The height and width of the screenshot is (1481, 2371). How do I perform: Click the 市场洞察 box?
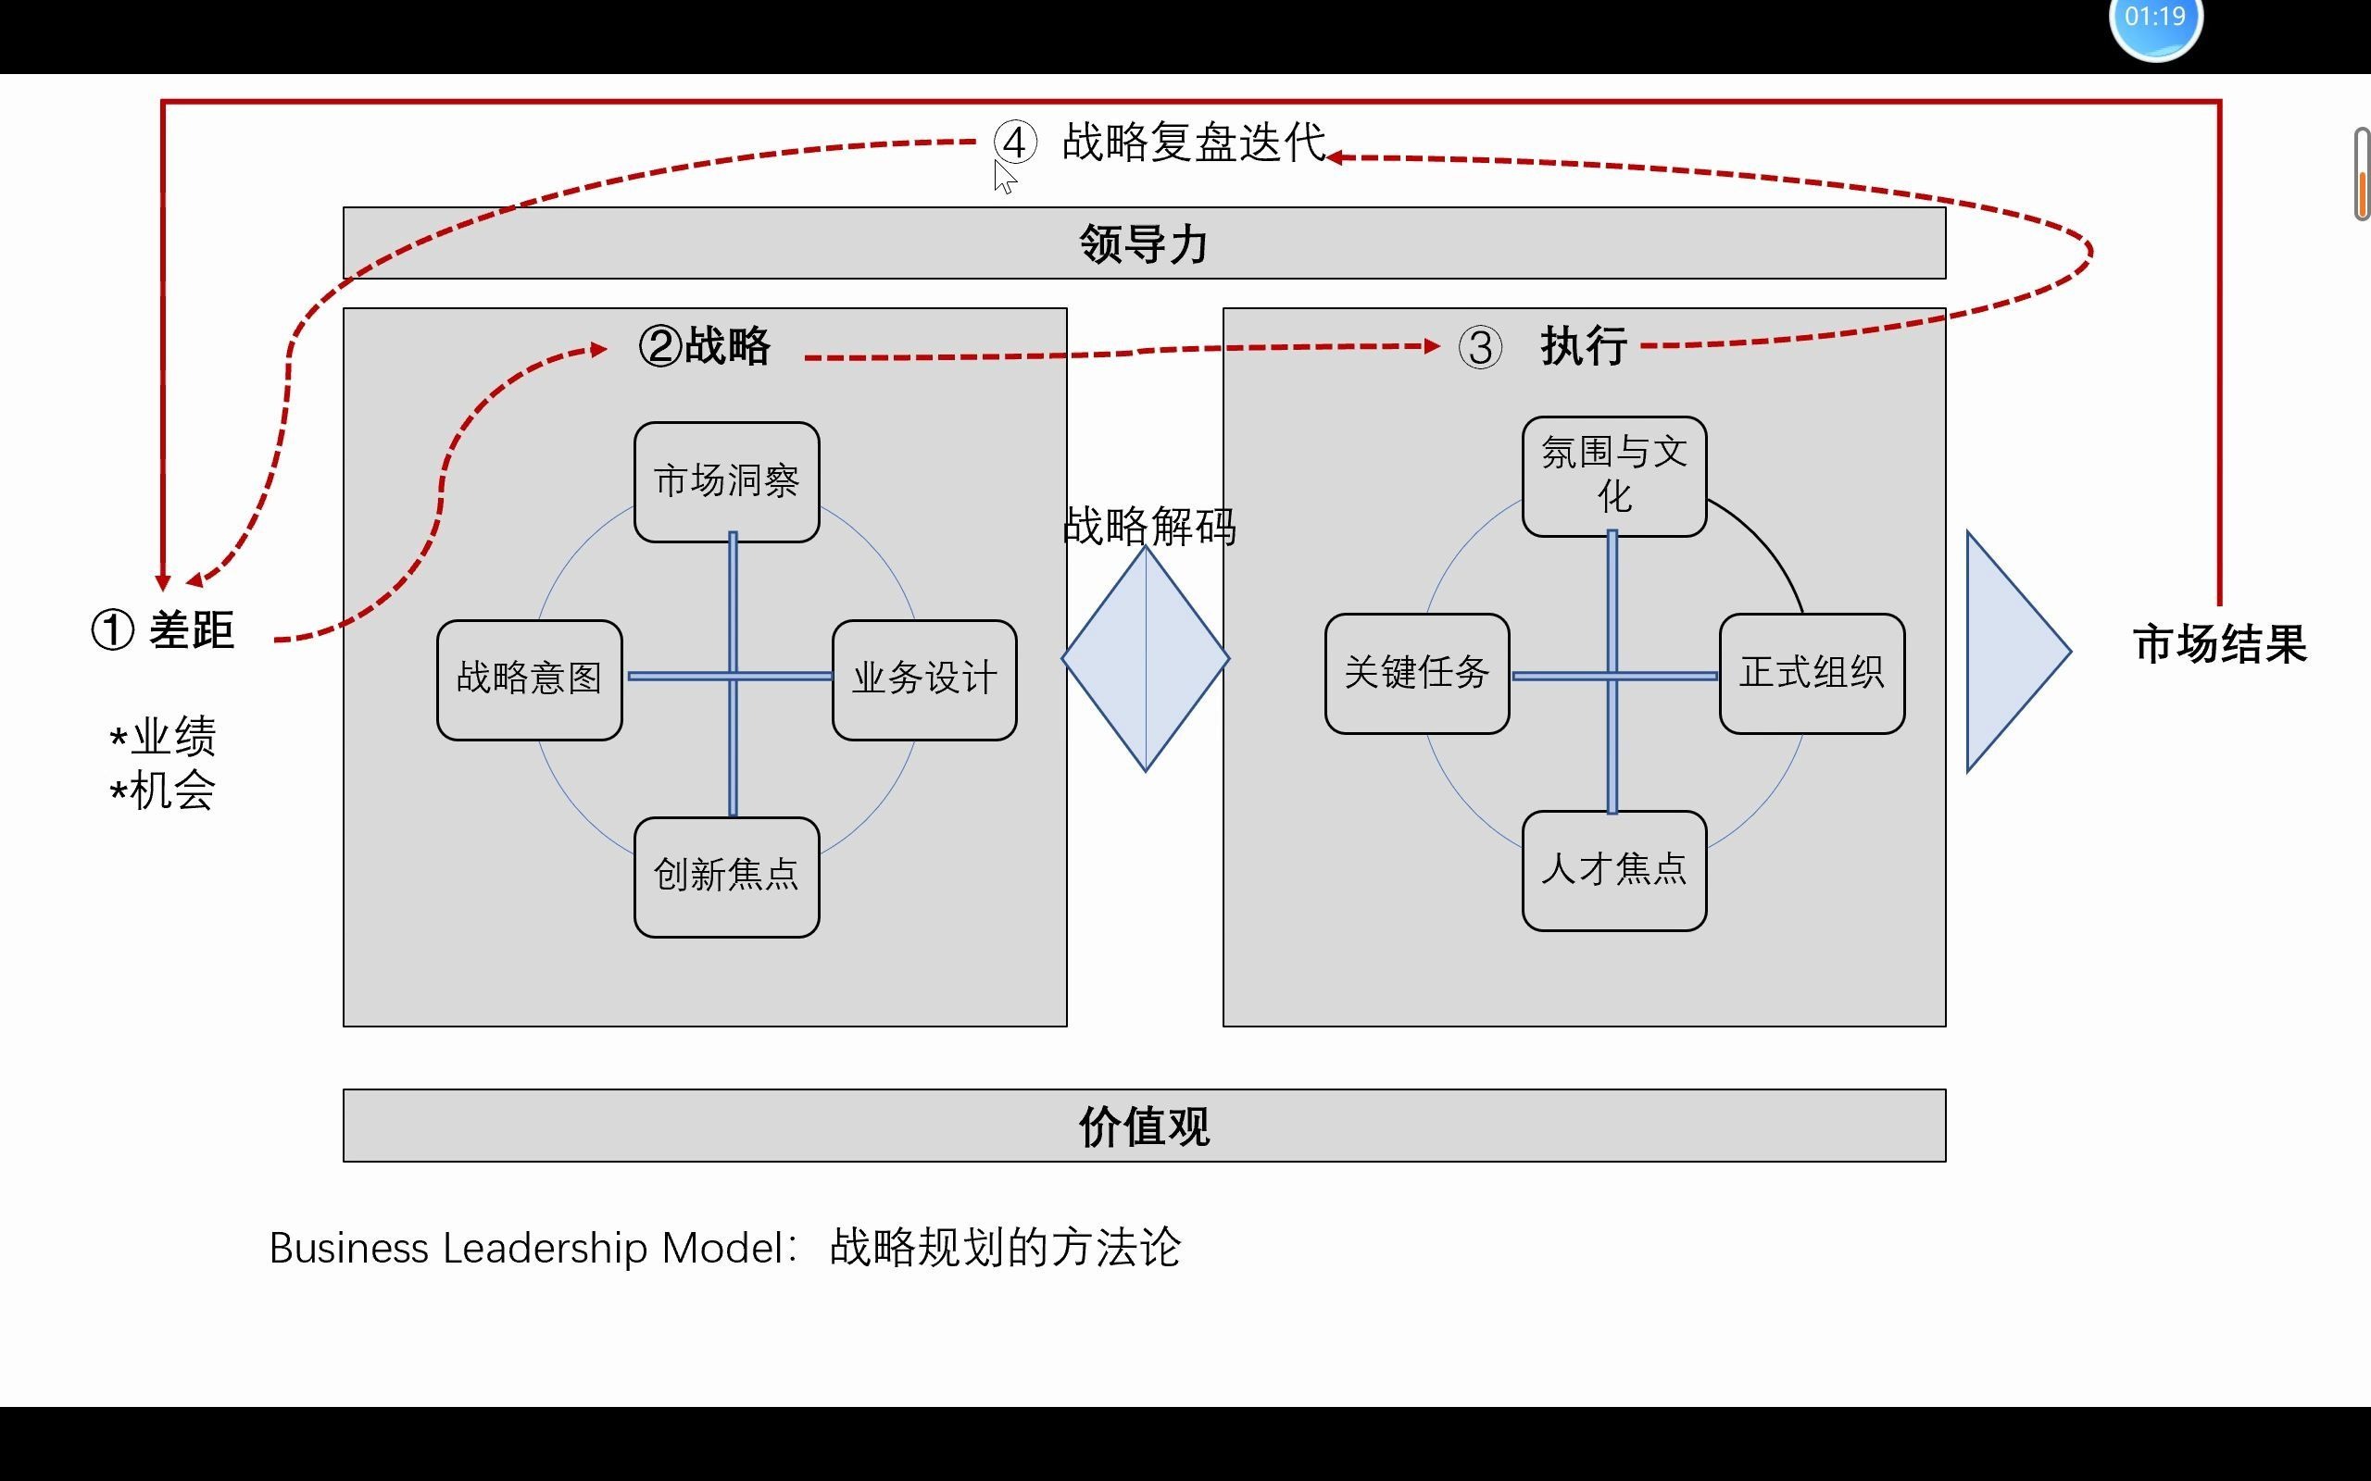tap(726, 481)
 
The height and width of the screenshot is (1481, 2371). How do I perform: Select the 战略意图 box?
tap(529, 678)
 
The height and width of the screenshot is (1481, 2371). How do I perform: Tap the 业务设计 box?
tap(924, 678)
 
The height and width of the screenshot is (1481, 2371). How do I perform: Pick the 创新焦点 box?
tap(726, 876)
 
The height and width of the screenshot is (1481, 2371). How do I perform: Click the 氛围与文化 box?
tap(1613, 475)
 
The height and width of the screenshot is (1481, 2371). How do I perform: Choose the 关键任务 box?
tap(1417, 673)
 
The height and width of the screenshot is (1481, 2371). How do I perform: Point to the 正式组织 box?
tap(1812, 673)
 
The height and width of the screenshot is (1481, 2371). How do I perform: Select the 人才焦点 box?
tap(1613, 870)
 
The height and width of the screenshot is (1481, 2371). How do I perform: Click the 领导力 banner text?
tap(1144, 243)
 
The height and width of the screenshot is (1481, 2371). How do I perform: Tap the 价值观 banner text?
tap(1144, 1126)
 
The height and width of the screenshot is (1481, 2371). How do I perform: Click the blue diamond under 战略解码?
tap(1146, 659)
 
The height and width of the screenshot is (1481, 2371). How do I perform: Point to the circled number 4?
tap(1015, 143)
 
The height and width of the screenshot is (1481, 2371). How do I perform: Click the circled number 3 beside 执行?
tap(1479, 348)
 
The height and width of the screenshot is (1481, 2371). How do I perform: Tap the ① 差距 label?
tap(164, 630)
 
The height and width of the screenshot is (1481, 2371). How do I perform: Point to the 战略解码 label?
tap(1149, 526)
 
